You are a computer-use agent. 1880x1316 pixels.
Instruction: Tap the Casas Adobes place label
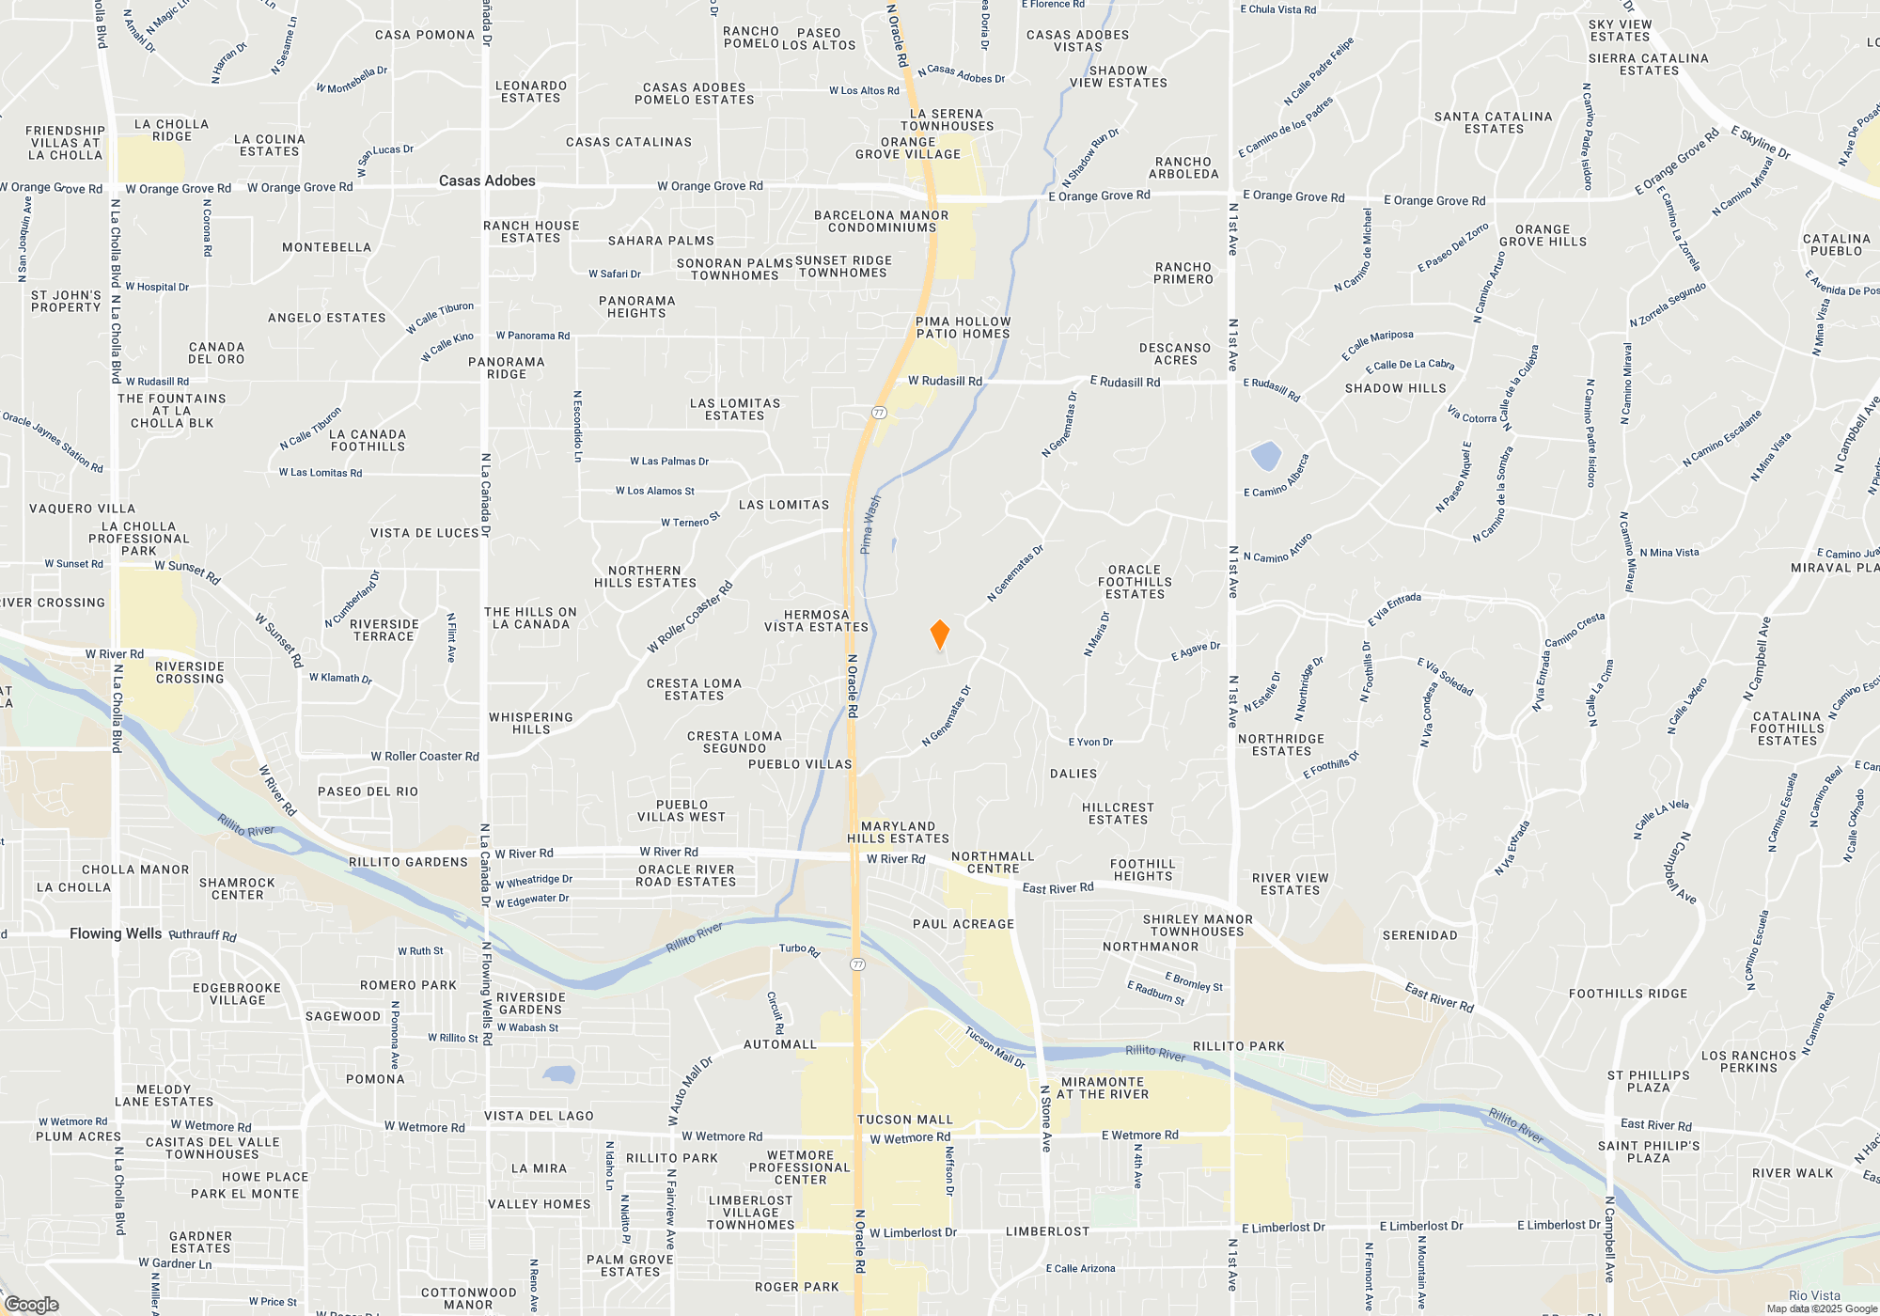click(487, 180)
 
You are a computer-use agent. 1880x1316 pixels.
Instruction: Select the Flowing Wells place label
click(116, 933)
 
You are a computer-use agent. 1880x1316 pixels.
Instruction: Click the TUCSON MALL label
click(905, 1120)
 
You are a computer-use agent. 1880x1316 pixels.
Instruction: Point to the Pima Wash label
click(871, 525)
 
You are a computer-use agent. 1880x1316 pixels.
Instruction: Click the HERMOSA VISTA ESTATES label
click(816, 621)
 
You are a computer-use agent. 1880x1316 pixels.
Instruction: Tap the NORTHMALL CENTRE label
click(993, 863)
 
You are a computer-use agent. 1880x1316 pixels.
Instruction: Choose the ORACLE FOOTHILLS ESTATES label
click(1135, 582)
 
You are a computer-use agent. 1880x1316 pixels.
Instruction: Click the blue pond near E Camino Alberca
click(1266, 456)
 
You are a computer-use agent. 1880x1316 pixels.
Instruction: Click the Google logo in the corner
click(31, 1305)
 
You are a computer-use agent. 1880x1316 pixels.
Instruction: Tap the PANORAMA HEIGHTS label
click(636, 307)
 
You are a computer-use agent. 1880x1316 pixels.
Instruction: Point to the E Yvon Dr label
click(1090, 742)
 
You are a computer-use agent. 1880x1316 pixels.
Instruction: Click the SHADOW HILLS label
click(1395, 388)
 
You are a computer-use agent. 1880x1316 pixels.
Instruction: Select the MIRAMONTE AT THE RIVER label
click(1103, 1089)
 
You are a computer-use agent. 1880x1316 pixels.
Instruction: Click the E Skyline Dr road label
click(1761, 142)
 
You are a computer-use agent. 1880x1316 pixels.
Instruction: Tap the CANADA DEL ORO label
click(216, 353)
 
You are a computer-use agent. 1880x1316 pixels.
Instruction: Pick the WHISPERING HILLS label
click(531, 723)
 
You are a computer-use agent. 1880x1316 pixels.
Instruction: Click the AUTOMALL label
click(780, 1044)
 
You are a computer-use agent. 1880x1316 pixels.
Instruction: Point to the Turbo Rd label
click(800, 949)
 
